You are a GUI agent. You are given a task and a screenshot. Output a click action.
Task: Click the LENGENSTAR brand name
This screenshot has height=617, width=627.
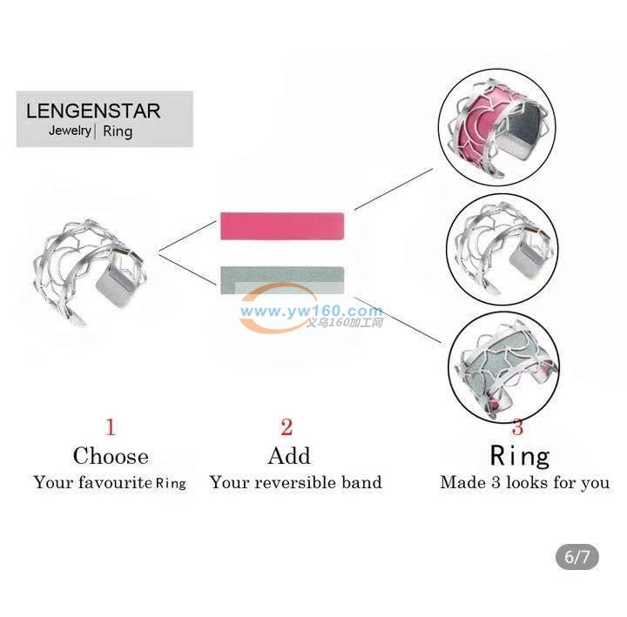pyautogui.click(x=93, y=111)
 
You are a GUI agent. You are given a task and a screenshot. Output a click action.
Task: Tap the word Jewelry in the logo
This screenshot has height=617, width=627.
pyautogui.click(x=70, y=131)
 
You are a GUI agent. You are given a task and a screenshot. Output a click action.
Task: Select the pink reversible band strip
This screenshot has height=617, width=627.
pyautogui.click(x=282, y=226)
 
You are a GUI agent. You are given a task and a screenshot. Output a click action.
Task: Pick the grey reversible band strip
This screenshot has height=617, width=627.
pyautogui.click(x=282, y=280)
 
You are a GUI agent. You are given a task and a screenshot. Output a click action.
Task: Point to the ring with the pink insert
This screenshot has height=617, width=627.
pyautogui.click(x=498, y=128)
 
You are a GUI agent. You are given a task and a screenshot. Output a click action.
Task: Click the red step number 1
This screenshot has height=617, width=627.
pyautogui.click(x=111, y=426)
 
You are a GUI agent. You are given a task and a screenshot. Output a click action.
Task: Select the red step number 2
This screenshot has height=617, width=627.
pyautogui.click(x=287, y=426)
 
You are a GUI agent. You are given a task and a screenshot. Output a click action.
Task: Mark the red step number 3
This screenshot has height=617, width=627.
pyautogui.click(x=517, y=427)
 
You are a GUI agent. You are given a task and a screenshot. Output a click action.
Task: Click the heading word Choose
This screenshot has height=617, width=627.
pyautogui.click(x=111, y=456)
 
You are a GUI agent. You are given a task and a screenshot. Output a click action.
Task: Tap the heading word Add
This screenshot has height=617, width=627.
pyautogui.click(x=289, y=456)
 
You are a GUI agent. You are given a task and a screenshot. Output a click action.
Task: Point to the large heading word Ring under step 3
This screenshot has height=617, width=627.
pyautogui.click(x=520, y=456)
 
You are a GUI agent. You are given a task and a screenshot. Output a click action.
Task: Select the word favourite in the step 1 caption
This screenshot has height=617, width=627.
pyautogui.click(x=115, y=482)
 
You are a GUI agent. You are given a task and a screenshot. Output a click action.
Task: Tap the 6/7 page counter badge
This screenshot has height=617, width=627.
pyautogui.click(x=577, y=557)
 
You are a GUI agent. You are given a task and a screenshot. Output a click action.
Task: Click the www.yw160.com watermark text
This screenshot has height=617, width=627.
pyautogui.click(x=312, y=311)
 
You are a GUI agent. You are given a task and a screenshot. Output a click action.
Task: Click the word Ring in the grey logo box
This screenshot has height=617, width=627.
pyautogui.click(x=118, y=131)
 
